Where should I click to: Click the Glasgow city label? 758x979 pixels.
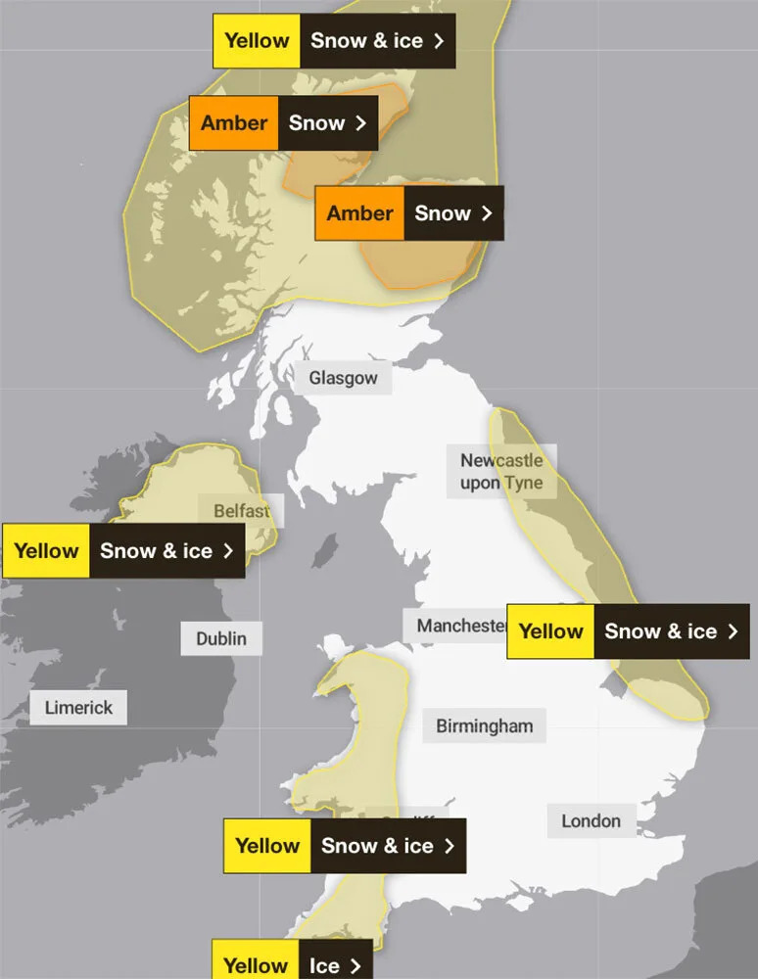coord(343,378)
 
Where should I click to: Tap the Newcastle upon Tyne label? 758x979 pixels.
coord(501,471)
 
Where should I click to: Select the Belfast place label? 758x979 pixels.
coord(240,511)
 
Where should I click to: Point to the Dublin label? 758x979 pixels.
coord(221,639)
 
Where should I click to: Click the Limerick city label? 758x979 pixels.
coord(78,707)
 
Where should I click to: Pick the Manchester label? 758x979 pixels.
coord(458,626)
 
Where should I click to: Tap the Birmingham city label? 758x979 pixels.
coord(485,725)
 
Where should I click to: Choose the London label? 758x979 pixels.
coord(591,820)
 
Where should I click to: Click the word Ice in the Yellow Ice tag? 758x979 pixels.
coord(324,964)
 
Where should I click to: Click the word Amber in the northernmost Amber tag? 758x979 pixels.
coord(234,123)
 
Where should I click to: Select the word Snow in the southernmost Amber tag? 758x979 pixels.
coord(443,213)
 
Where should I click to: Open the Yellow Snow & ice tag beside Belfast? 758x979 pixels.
coord(123,550)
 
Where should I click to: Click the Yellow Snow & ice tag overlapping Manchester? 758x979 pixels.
coord(628,631)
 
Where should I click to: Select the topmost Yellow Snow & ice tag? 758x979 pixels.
coord(334,41)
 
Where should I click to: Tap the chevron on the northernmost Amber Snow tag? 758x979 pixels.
coord(361,123)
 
